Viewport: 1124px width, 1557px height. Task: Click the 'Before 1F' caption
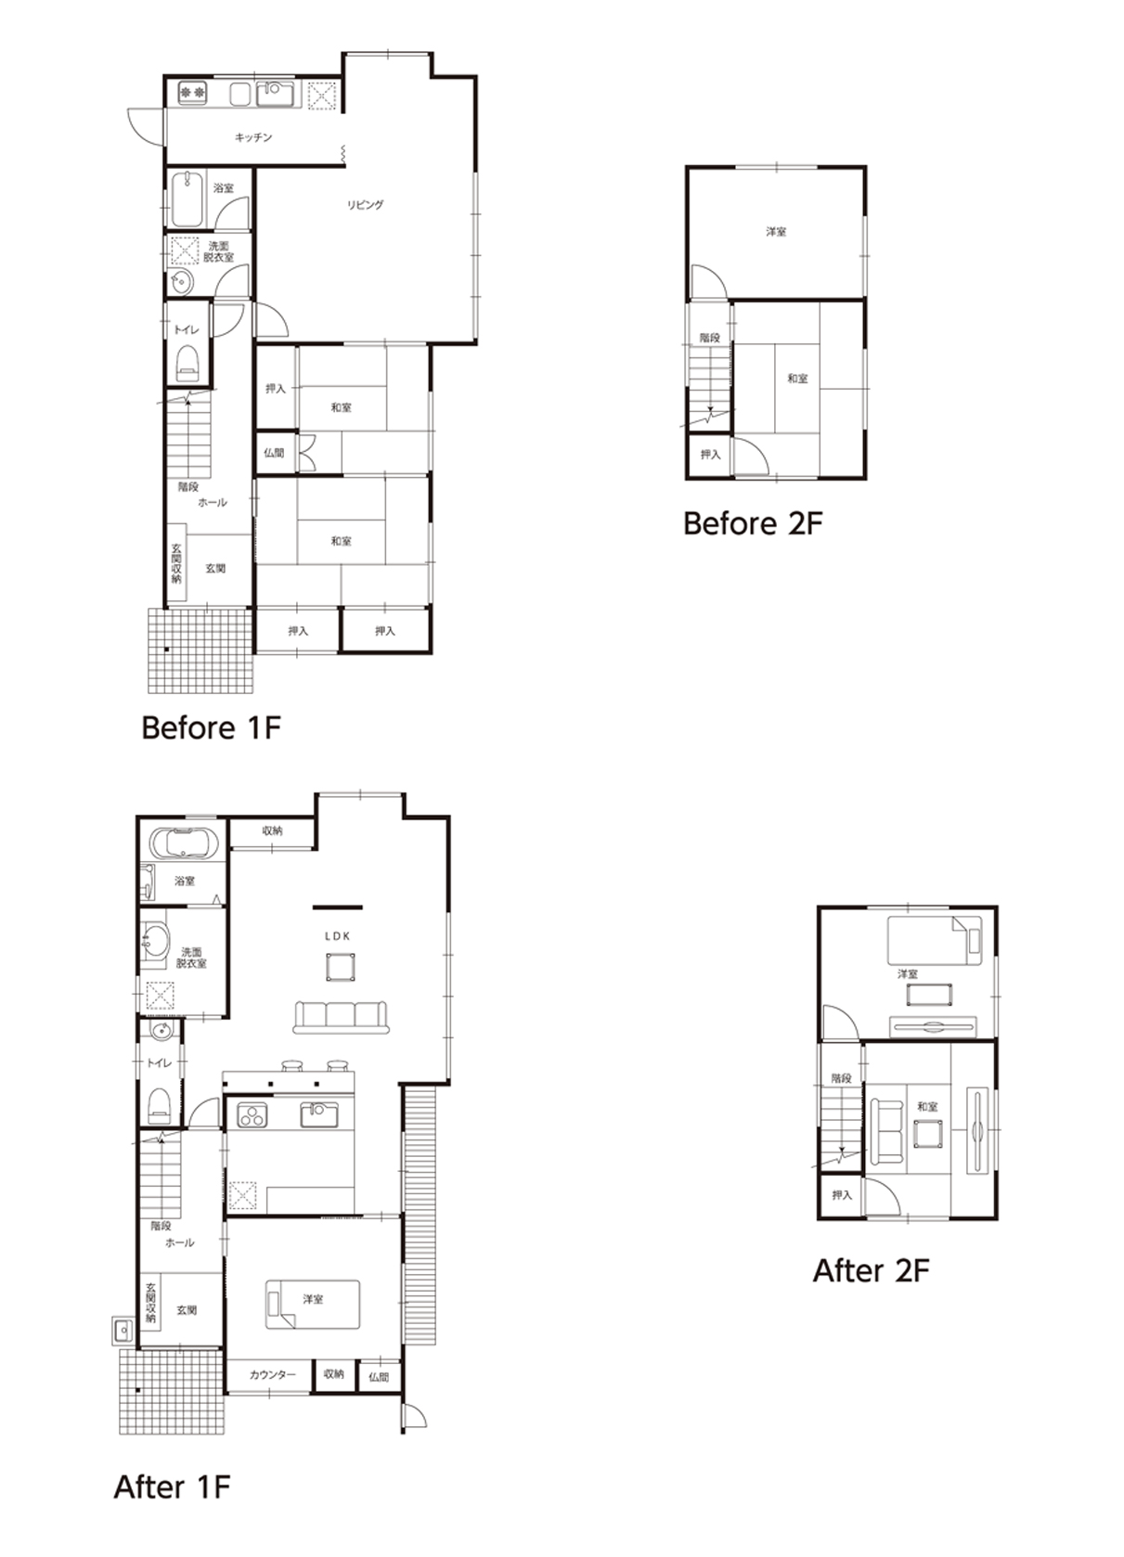click(211, 728)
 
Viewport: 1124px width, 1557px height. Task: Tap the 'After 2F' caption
click(871, 1270)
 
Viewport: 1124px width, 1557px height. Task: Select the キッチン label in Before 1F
click(253, 137)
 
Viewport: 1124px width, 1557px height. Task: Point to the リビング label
click(365, 205)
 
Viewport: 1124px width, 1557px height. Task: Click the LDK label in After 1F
click(337, 936)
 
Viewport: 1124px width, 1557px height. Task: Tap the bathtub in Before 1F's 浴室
click(187, 199)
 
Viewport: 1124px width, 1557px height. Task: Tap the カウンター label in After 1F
click(273, 1375)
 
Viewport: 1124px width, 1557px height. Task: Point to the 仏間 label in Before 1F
click(274, 453)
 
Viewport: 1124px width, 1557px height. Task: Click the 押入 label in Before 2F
click(710, 455)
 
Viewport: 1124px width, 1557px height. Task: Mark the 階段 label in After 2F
click(841, 1079)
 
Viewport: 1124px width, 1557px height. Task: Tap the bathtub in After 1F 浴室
click(184, 843)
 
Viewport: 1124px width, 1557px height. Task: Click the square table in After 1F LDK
click(341, 967)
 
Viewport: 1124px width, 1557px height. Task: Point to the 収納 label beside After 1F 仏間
click(333, 1374)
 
